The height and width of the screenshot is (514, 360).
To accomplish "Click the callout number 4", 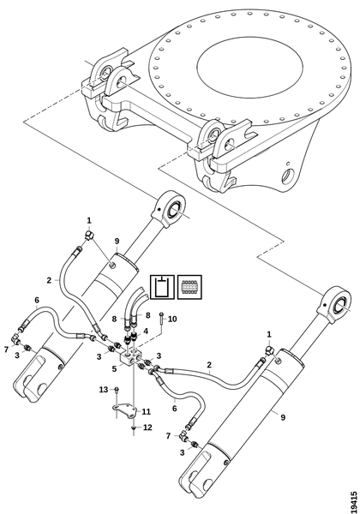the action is click(x=146, y=331).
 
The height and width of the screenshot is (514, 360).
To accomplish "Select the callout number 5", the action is click(x=114, y=368).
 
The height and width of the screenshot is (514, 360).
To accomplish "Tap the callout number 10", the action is click(x=172, y=319).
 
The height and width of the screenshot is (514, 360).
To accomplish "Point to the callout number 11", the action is click(x=146, y=411).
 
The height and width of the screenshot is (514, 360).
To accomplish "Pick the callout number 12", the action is click(x=147, y=427).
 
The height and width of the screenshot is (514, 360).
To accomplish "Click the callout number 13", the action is click(x=104, y=390).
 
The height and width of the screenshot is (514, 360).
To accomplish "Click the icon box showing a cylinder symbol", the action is click(x=162, y=287).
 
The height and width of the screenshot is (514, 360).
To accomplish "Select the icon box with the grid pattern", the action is click(x=189, y=287).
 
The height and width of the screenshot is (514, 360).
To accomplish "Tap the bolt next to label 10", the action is click(x=162, y=319).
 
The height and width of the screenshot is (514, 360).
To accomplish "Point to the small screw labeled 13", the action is click(x=117, y=390).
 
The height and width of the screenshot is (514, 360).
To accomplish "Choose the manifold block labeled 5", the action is click(x=131, y=356).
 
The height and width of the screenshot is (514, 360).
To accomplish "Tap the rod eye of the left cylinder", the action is click(x=170, y=209).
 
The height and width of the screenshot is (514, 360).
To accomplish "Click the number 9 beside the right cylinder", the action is click(x=283, y=417).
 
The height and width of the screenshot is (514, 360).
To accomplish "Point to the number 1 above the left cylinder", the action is click(x=89, y=220).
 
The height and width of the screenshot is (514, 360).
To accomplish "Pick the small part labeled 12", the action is click(x=134, y=427).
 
